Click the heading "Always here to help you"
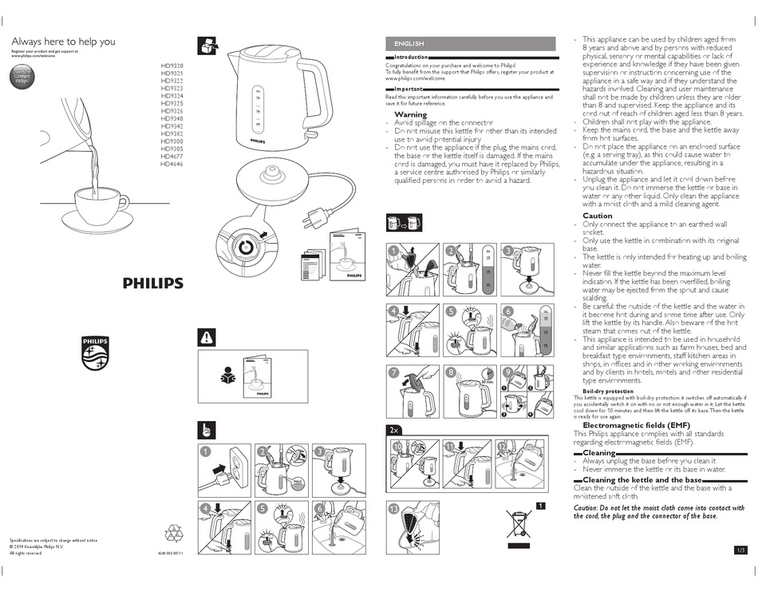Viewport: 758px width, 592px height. pos(63,42)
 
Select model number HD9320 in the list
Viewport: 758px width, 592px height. pos(172,66)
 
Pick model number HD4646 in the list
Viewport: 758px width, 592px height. pos(172,164)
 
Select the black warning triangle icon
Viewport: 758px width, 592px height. pos(206,338)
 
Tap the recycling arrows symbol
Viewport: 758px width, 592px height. pos(174,534)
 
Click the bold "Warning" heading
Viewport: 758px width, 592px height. pos(411,115)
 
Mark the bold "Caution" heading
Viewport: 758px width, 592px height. pos(598,216)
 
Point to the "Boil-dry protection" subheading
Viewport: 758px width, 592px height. pos(608,391)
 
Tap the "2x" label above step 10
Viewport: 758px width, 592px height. pos(394,430)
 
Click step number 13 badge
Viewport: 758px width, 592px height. pos(393,509)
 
